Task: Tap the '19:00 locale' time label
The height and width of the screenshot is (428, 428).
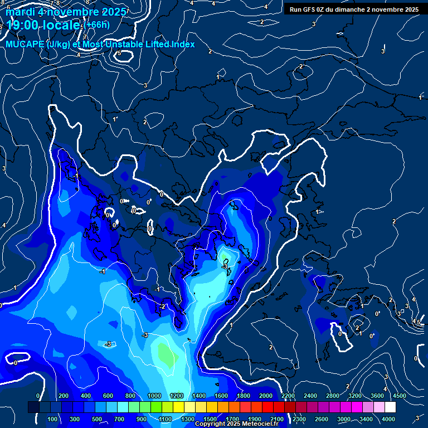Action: (x=42, y=25)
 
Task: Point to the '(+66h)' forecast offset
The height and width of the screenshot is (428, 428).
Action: (x=97, y=25)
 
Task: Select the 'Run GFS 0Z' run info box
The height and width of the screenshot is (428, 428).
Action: (x=354, y=9)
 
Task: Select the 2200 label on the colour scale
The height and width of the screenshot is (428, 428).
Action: (x=288, y=396)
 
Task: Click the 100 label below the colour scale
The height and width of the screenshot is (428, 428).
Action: (x=52, y=419)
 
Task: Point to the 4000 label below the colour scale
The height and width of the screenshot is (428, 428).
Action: (x=388, y=419)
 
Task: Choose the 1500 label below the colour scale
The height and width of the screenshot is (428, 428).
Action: (x=210, y=419)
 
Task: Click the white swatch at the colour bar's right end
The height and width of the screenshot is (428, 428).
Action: (x=390, y=407)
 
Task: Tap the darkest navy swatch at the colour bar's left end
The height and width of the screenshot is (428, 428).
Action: (x=33, y=407)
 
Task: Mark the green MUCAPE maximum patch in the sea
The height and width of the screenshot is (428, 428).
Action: (x=166, y=352)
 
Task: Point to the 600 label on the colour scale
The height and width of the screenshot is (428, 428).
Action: (x=108, y=396)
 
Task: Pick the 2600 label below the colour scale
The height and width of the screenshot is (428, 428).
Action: (x=322, y=419)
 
